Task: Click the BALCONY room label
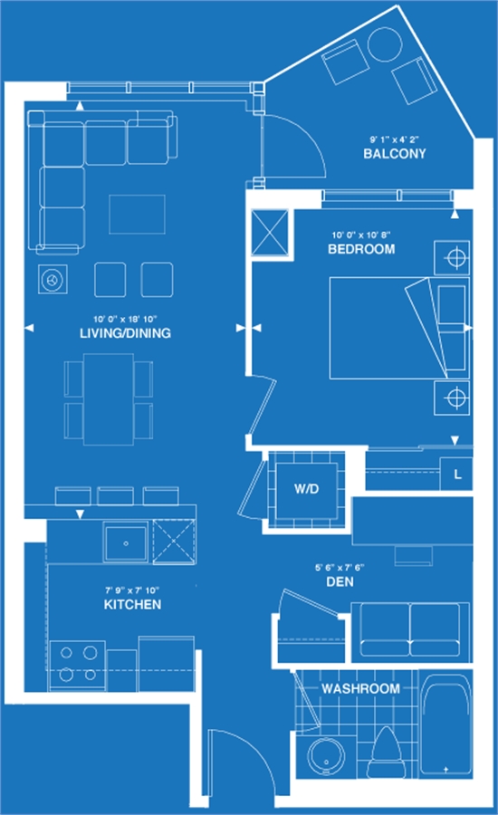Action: click(395, 153)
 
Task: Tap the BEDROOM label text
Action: click(361, 249)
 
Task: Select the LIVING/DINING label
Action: click(125, 333)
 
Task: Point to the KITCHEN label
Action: click(132, 605)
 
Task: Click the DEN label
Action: click(340, 581)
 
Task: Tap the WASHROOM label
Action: click(360, 689)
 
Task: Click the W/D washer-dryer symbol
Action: click(306, 489)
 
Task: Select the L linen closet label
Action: click(457, 474)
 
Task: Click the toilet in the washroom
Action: click(387, 753)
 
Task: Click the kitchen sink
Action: click(126, 542)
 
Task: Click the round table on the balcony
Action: click(385, 44)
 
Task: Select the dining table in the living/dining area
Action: click(109, 399)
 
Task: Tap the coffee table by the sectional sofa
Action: click(138, 214)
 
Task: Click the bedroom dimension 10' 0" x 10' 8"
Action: click(361, 235)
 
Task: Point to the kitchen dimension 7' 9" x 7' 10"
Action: click(132, 590)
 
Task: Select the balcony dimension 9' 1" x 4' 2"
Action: click(395, 139)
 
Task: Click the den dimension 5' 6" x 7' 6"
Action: click(340, 568)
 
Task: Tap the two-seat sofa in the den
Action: click(411, 629)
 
